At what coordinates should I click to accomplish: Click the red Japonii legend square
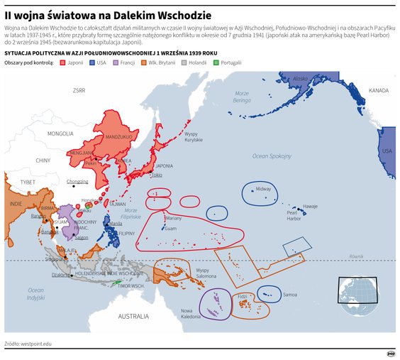click(x=64, y=62)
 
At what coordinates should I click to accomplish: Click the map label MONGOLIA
click(x=60, y=133)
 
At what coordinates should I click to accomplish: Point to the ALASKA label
click(x=301, y=79)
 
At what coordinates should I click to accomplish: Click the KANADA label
click(x=379, y=90)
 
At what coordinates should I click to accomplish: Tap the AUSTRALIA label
click(x=133, y=315)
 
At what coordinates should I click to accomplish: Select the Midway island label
click(x=263, y=189)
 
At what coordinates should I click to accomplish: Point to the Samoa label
click(x=290, y=294)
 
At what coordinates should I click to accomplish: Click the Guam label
click(x=170, y=229)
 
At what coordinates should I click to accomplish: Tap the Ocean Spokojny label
click(x=272, y=156)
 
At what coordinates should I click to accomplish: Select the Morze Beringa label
click(x=242, y=97)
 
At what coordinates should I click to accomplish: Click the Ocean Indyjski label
click(x=35, y=293)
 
